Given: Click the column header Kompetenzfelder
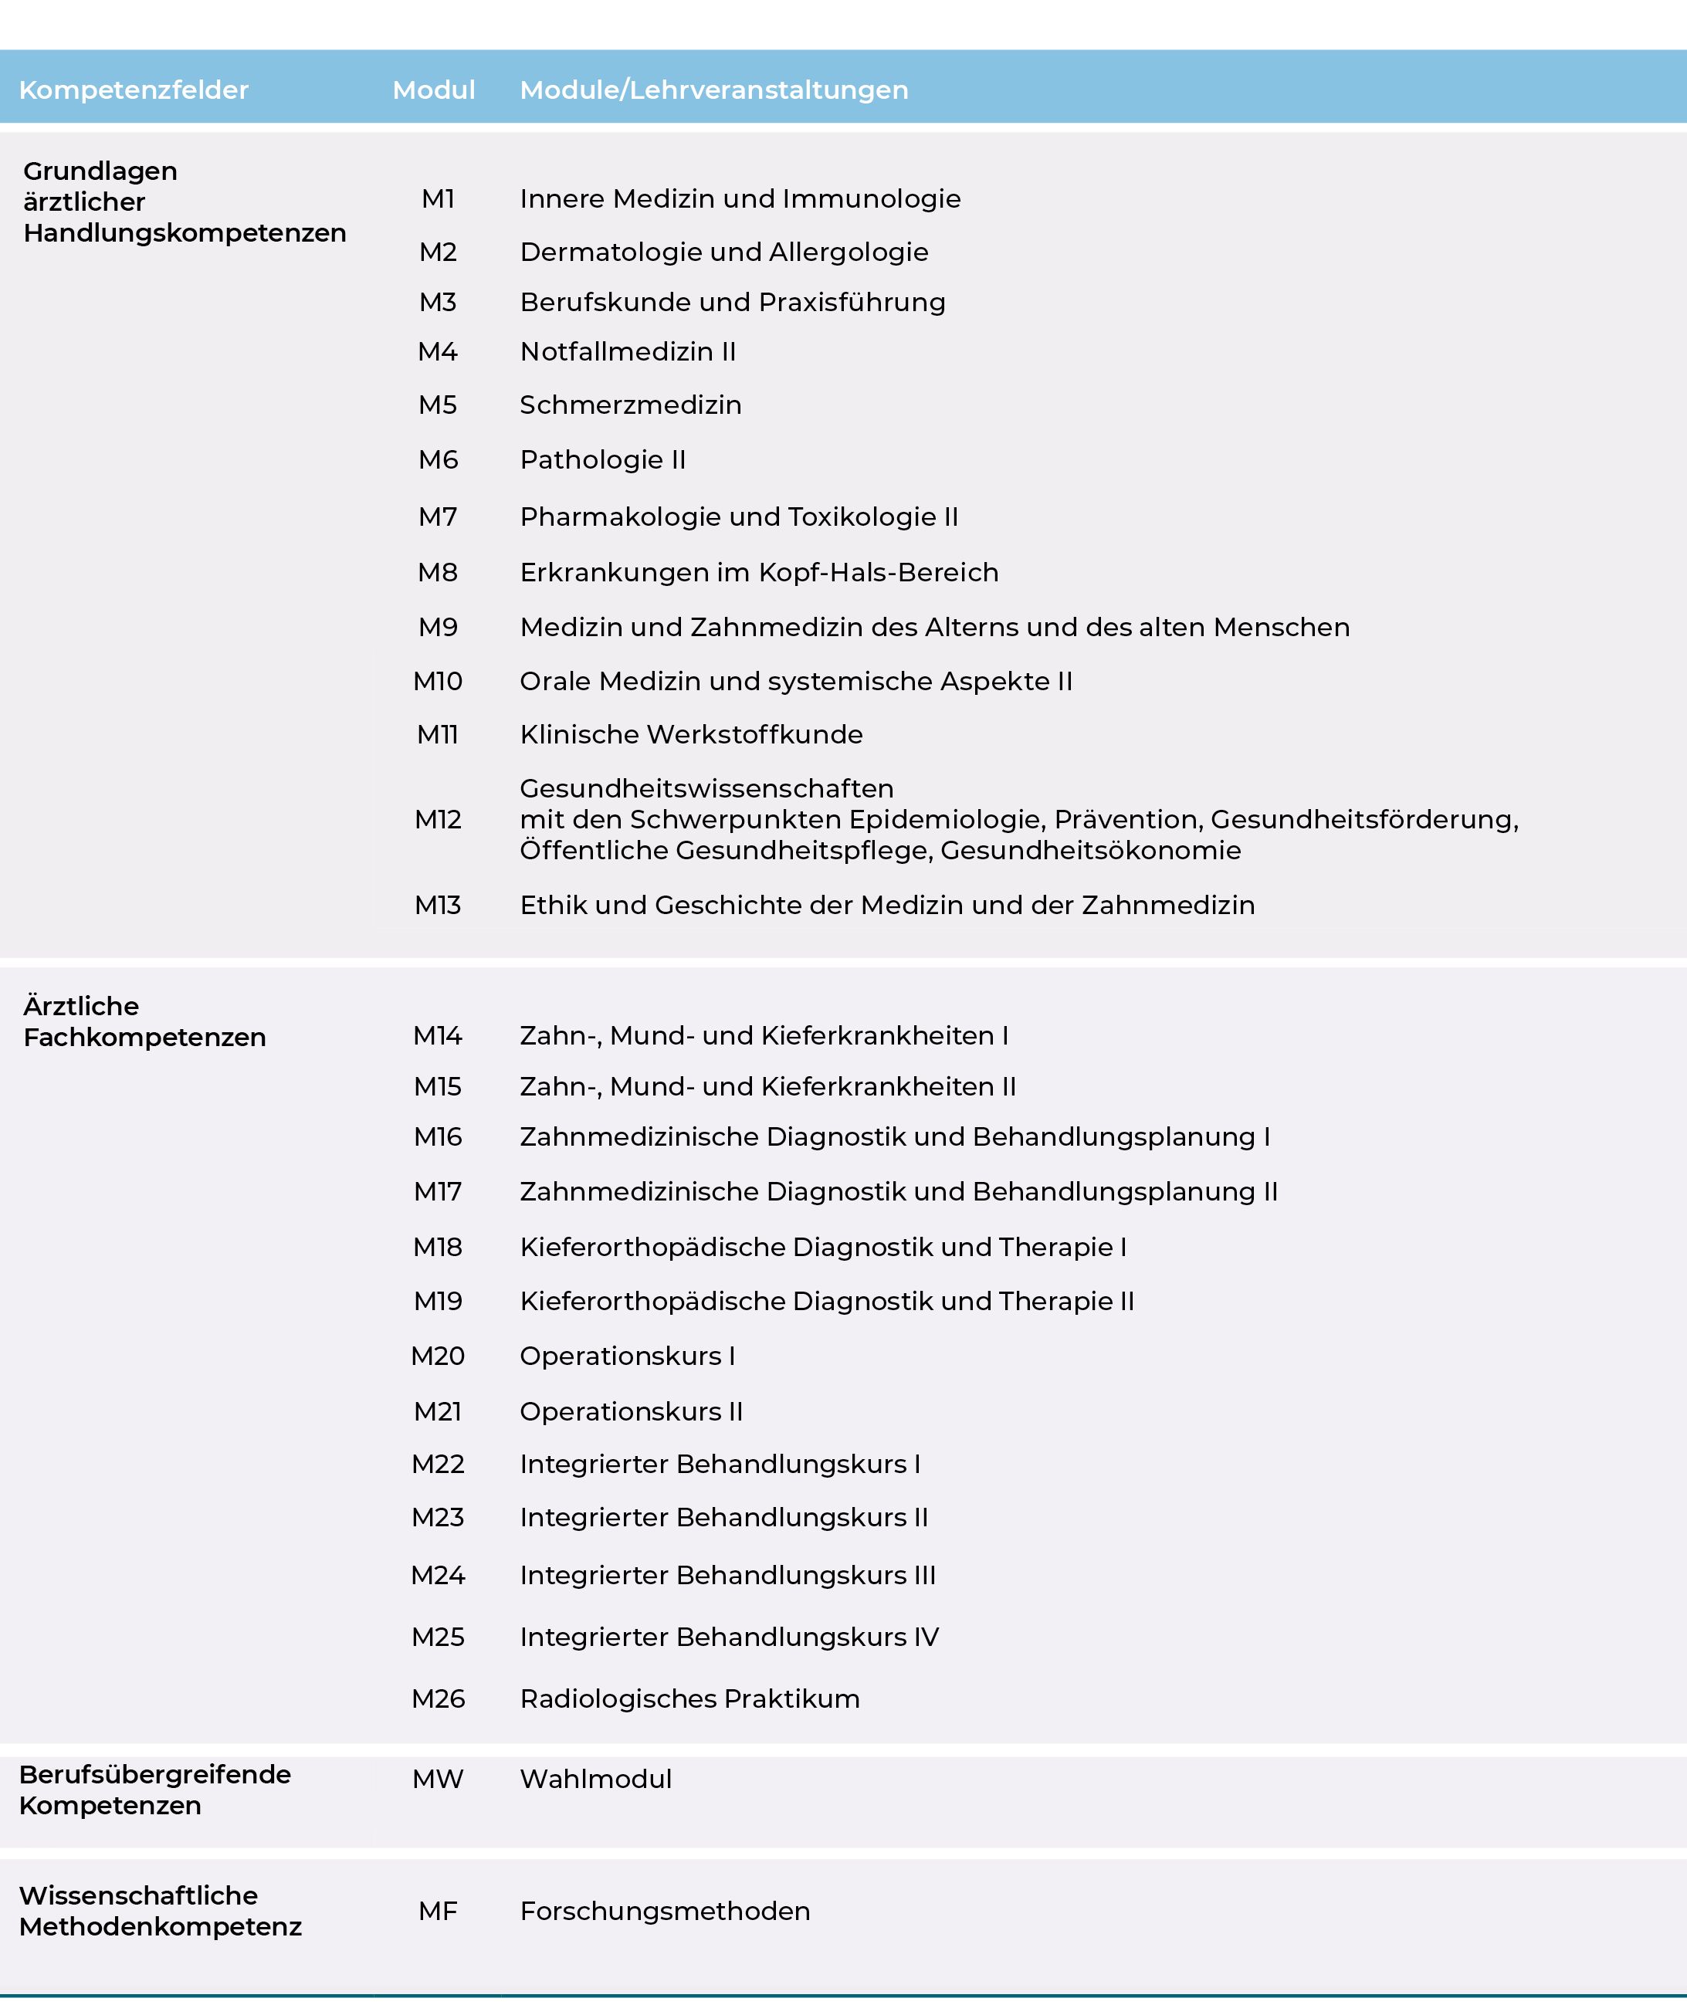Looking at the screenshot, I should (134, 90).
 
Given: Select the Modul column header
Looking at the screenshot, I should (434, 90).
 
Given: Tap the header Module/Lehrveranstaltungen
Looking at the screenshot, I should (714, 90).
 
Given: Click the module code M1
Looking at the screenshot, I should (438, 198).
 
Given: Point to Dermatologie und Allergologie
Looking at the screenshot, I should (723, 252).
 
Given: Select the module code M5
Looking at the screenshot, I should (438, 405).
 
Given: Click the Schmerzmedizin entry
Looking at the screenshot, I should (631, 405).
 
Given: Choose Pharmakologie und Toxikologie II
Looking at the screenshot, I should (739, 517).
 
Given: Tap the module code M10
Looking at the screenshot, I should (438, 681).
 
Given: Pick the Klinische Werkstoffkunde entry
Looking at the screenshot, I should (691, 735).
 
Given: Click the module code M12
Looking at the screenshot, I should (438, 819).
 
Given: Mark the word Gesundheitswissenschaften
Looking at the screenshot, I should (706, 789).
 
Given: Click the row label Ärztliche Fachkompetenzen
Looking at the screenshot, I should (144, 1022).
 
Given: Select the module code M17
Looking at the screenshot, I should (438, 1192).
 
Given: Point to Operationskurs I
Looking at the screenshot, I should (628, 1356).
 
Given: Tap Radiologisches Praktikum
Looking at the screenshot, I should (689, 1699).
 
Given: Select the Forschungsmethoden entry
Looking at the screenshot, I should (665, 1912).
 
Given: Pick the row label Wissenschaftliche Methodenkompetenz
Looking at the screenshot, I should (161, 1912).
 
